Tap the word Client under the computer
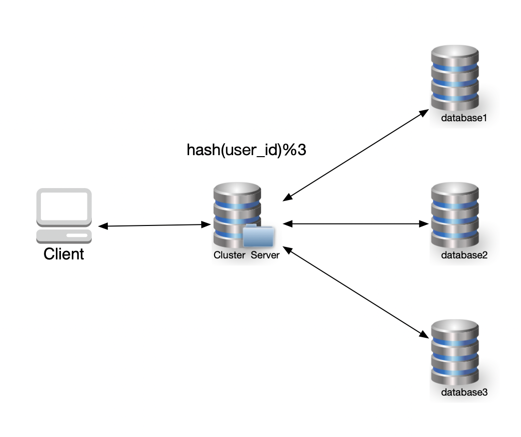pos(64,254)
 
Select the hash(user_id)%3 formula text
pos(246,150)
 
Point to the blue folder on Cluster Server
pos(259,236)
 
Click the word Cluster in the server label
pos(230,255)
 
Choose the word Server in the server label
pos(265,255)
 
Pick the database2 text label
pos(464,255)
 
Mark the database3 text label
pos(464,392)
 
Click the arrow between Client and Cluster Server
pos(154,226)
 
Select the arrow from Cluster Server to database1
pos(355,156)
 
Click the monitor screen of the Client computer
pos(64,207)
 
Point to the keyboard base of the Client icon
pos(64,234)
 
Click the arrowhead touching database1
pos(424,113)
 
